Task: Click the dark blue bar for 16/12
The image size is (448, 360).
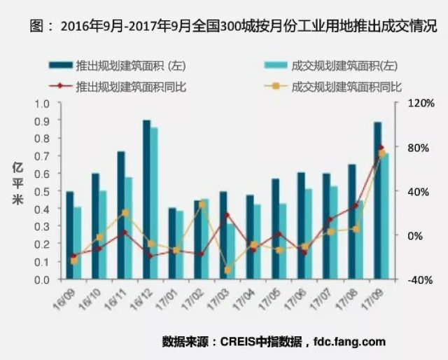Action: (146, 200)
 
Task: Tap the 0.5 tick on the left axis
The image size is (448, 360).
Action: (43, 191)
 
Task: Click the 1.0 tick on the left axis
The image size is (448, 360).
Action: (43, 103)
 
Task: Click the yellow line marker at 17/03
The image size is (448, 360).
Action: (227, 270)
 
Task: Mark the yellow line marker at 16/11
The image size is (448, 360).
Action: (125, 212)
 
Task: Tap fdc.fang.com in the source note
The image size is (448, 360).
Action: (348, 342)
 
